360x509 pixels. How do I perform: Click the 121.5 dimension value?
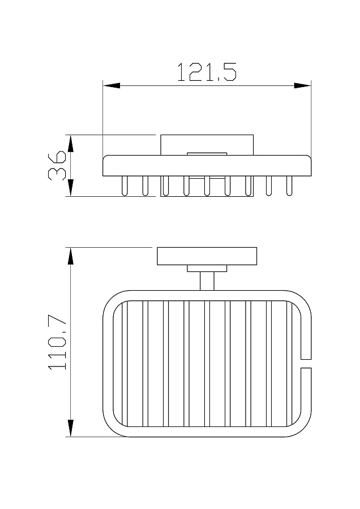point(207,72)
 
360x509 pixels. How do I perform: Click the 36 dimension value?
point(58,165)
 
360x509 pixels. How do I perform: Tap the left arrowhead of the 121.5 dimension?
point(112,86)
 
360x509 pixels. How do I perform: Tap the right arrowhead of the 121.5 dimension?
point(302,86)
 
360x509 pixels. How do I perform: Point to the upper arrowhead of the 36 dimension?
point(71,143)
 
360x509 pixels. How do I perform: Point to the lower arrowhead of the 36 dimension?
point(71,188)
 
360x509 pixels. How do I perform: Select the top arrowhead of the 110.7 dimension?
point(71,256)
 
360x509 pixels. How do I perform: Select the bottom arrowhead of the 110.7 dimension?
point(71,428)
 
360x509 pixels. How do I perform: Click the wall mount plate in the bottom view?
point(207,256)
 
